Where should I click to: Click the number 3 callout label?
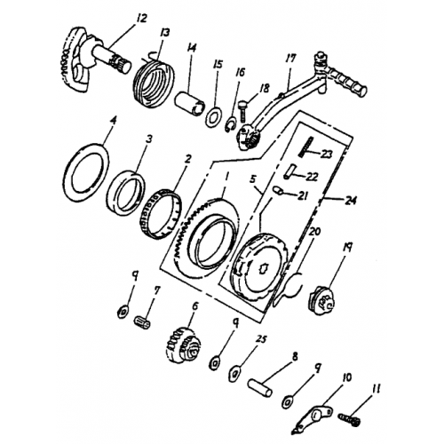pyautogui.click(x=150, y=139)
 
